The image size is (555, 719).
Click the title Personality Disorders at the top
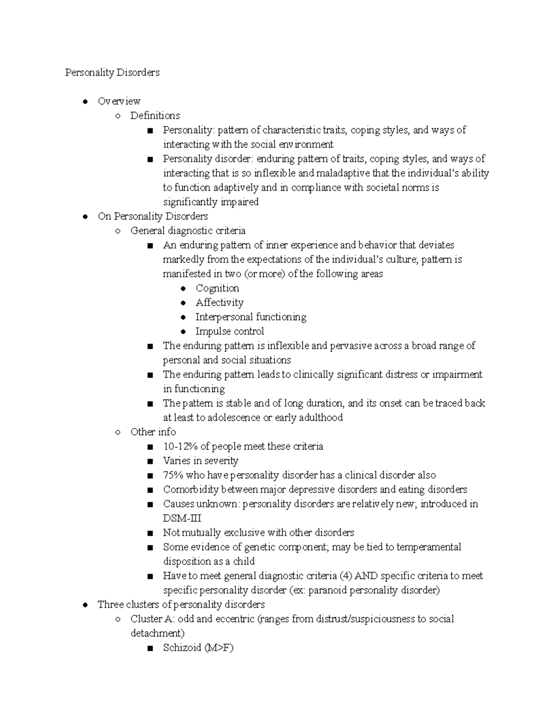point(112,73)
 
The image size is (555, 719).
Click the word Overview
point(119,101)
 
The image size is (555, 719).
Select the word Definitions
point(155,116)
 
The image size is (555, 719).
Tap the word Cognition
point(217,288)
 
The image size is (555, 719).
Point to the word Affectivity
point(219,302)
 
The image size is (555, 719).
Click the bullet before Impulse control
point(184,331)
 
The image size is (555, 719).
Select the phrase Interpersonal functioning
point(251,317)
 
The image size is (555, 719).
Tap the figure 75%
point(173,475)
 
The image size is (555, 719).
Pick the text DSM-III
point(182,519)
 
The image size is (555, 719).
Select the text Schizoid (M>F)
point(198,648)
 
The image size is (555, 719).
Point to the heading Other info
point(153,432)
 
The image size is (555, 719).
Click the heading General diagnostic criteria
point(188,231)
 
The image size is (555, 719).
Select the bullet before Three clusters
point(85,605)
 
